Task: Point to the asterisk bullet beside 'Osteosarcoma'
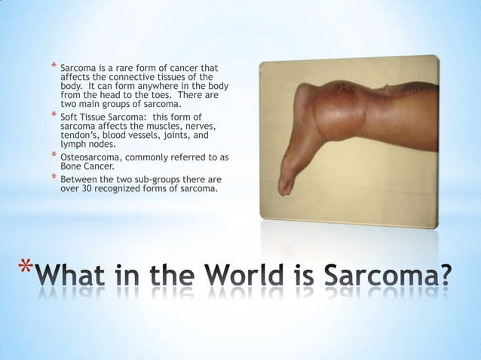point(53,157)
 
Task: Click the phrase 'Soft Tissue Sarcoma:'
point(103,118)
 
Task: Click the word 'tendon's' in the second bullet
point(79,136)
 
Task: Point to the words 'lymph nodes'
point(87,145)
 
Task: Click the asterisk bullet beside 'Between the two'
point(53,180)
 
